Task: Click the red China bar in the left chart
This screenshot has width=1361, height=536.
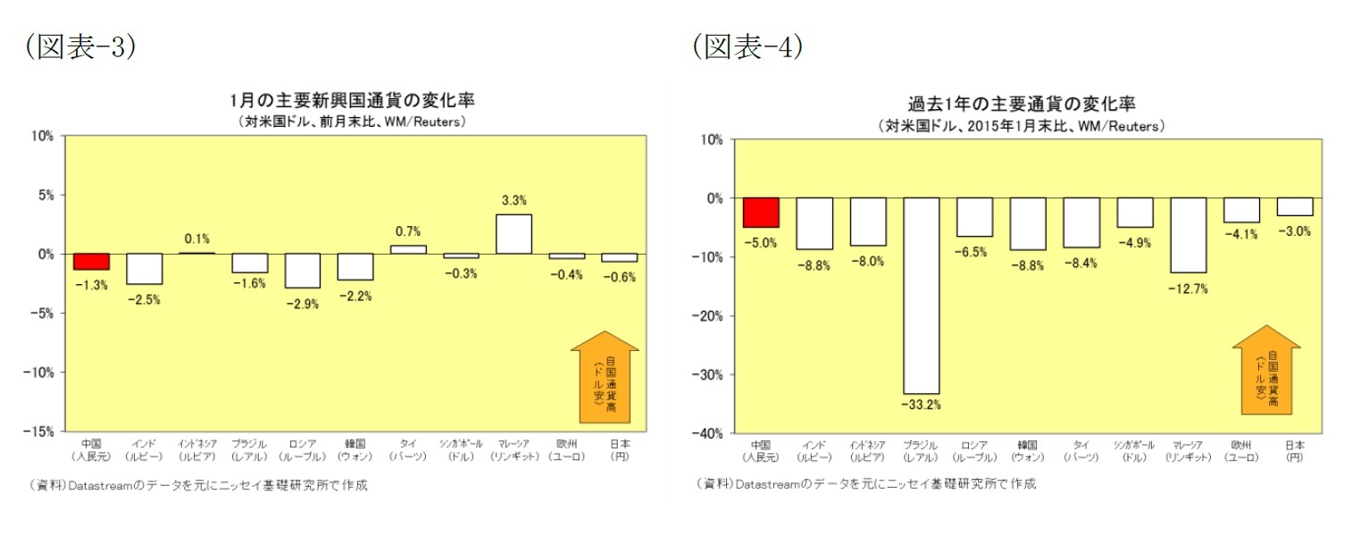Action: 91,261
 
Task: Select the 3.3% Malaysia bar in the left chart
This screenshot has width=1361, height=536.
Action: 514,234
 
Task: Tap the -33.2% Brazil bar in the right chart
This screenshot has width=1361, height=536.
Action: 921,295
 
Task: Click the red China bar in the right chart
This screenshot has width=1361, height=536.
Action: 761,213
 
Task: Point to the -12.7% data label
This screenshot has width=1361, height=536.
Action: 1188,288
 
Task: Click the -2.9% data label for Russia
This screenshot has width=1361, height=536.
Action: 302,305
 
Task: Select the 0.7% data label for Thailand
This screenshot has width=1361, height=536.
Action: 408,231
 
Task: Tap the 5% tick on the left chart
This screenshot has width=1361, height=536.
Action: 45,195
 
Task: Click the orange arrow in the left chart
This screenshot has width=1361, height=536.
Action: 605,376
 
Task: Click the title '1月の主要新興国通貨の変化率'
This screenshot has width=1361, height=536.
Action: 352,99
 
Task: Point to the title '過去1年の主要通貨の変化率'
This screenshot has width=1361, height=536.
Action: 1022,103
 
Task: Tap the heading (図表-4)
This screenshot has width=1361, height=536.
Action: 747,46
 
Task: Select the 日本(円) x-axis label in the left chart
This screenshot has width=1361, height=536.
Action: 619,449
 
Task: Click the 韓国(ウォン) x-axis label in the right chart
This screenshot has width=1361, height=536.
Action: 1027,450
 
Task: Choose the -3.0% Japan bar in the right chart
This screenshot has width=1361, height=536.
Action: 1294,206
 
